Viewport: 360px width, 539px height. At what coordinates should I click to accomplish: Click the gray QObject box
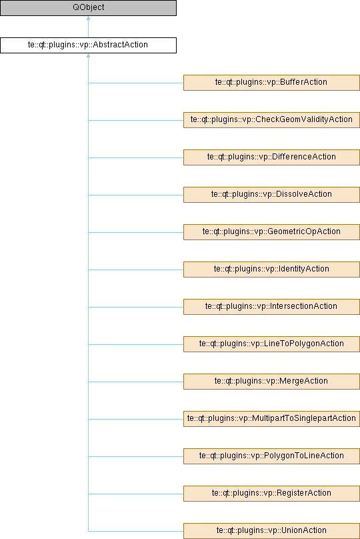coord(88,7)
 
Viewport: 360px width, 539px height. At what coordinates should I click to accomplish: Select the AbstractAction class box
coord(88,45)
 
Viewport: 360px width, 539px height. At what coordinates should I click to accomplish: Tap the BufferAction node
coord(271,83)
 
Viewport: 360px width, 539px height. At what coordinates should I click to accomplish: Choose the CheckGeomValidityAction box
coord(271,120)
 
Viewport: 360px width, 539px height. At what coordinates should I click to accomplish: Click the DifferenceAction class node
coord(271,157)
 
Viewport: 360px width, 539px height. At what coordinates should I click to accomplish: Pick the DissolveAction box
coord(271,195)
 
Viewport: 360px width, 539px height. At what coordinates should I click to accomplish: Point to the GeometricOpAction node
coord(271,232)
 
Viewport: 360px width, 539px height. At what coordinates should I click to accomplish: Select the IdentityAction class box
coord(271,269)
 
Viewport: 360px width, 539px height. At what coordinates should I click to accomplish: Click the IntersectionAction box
coord(271,307)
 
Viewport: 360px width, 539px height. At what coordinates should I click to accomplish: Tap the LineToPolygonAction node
coord(271,344)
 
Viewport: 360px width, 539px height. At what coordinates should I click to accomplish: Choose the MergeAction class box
coord(271,382)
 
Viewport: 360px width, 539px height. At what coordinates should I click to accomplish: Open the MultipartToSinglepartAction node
coord(271,419)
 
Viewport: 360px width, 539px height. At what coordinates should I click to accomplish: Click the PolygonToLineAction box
coord(271,456)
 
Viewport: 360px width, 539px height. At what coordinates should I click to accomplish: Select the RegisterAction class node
coord(271,494)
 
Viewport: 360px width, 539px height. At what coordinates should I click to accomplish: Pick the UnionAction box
coord(271,531)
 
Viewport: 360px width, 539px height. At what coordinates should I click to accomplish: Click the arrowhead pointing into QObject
coord(88,18)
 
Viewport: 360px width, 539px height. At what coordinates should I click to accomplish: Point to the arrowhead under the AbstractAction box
coord(88,55)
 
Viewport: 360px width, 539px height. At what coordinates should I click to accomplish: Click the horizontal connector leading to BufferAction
coord(136,83)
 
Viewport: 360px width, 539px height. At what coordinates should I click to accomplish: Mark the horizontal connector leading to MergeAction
coord(136,382)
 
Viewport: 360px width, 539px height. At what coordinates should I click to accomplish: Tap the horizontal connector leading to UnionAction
coord(136,531)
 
